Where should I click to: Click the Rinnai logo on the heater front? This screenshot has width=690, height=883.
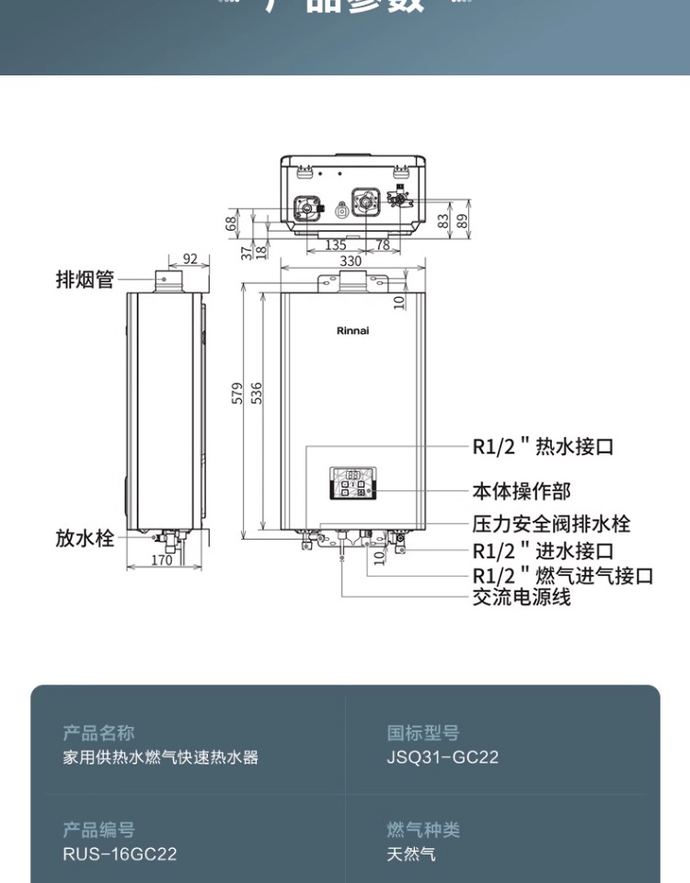[x=352, y=330]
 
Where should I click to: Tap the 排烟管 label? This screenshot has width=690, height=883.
[x=86, y=280]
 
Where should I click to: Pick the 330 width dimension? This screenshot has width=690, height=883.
[x=351, y=261]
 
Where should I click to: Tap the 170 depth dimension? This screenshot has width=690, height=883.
[x=161, y=560]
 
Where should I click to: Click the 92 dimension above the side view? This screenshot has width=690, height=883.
[x=190, y=259]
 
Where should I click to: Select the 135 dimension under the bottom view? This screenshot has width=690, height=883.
[x=336, y=245]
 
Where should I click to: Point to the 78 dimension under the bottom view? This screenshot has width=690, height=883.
[x=382, y=245]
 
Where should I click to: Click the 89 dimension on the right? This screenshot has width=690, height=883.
[x=462, y=221]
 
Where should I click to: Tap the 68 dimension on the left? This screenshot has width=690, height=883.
[x=232, y=222]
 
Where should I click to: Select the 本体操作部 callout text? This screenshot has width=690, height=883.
[x=521, y=491]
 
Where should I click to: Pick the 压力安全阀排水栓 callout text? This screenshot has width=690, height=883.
[x=551, y=524]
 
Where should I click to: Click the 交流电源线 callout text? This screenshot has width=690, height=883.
[x=521, y=597]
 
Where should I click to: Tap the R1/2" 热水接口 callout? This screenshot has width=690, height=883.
[x=543, y=447]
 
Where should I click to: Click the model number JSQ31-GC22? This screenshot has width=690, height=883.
[x=443, y=758]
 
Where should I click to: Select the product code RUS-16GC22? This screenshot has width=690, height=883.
[x=120, y=854]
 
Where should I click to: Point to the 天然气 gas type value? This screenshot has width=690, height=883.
[x=411, y=854]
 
